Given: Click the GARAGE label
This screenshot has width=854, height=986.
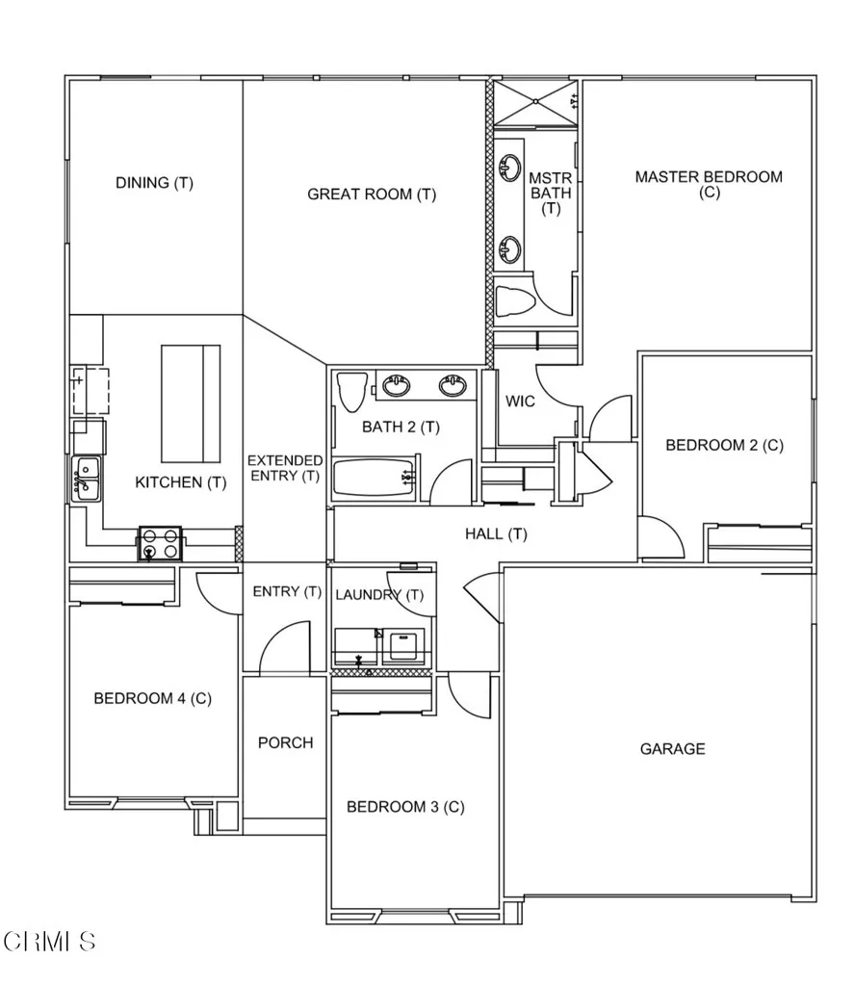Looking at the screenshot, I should click(672, 749).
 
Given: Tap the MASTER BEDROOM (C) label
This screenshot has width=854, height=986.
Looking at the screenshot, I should click(709, 184).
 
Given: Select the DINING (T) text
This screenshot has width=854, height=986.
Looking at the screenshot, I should click(154, 183).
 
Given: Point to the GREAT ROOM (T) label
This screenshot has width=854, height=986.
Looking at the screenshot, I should click(372, 195).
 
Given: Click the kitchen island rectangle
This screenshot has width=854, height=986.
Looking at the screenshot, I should click(190, 403).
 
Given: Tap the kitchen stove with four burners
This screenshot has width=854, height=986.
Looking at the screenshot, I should click(162, 544).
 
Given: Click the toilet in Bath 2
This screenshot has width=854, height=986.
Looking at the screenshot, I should click(350, 392).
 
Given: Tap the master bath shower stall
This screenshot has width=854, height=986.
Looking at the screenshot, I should click(536, 103).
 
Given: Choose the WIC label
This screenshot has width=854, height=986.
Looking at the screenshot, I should click(521, 402).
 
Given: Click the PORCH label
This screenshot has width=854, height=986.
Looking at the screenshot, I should click(285, 743).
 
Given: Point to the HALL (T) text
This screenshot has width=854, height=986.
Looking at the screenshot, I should click(496, 533).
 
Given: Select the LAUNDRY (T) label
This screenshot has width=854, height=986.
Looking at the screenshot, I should click(379, 595).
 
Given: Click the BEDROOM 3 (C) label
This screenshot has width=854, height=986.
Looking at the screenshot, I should click(405, 807).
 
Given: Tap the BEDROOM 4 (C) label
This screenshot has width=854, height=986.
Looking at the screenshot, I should click(152, 699).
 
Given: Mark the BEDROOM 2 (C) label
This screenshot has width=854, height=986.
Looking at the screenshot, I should click(724, 445).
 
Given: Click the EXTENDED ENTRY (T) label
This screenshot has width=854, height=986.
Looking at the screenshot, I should click(284, 468).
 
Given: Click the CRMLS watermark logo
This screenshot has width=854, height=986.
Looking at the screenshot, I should click(49, 941).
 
